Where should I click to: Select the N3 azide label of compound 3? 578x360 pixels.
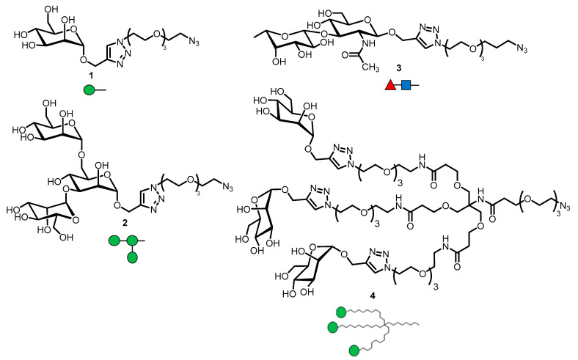pos(519,49)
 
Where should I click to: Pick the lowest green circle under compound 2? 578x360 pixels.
pos(133,257)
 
